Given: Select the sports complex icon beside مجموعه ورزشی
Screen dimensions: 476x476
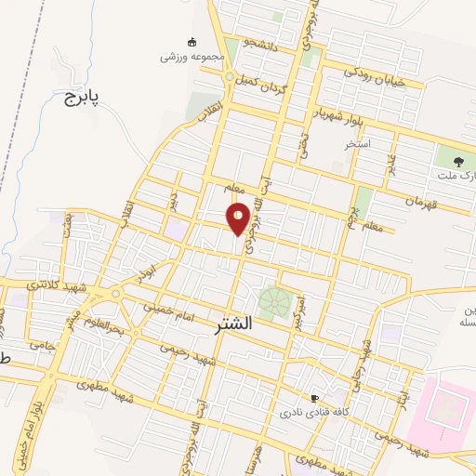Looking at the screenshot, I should [x=192, y=42].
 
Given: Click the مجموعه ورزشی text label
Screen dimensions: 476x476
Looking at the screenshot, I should [x=192, y=57].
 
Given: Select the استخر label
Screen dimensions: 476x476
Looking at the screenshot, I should [x=357, y=145].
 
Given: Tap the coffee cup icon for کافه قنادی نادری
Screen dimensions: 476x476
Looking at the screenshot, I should [x=315, y=398].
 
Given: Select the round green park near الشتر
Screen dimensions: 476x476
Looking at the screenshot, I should [x=273, y=302].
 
